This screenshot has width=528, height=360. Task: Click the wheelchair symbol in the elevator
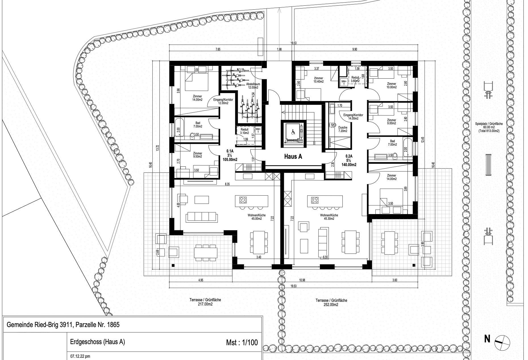(x=293, y=132)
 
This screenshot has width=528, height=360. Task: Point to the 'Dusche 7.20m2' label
(x=343, y=129)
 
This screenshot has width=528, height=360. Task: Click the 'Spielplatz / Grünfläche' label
(x=488, y=124)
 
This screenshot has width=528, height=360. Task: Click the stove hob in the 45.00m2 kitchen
(x=243, y=200)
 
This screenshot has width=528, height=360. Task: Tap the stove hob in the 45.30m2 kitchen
(x=314, y=200)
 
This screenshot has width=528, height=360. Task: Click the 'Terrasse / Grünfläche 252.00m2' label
(x=331, y=302)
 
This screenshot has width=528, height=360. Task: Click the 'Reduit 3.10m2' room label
(x=244, y=131)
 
